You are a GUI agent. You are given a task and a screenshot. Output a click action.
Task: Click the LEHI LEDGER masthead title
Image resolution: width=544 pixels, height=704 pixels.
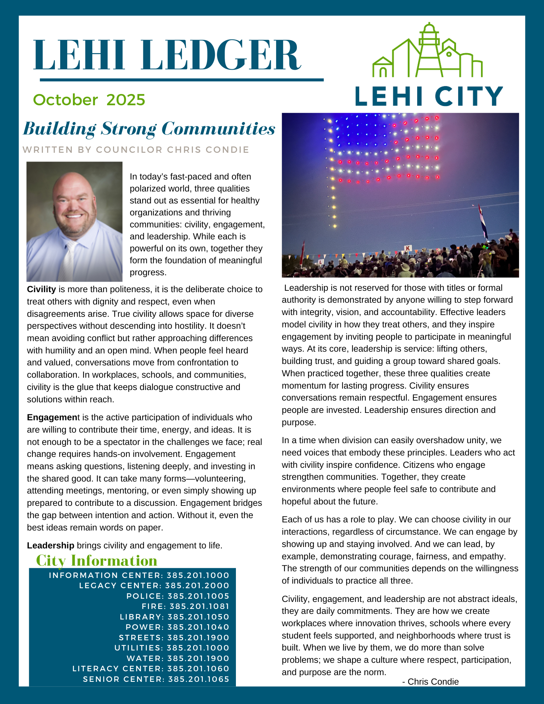pyautogui.click(x=167, y=55)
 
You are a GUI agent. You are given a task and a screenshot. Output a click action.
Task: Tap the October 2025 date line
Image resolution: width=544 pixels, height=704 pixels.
pyautogui.click(x=89, y=100)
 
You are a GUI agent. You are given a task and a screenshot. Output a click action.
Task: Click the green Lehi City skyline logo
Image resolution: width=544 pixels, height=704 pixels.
pyautogui.click(x=428, y=51)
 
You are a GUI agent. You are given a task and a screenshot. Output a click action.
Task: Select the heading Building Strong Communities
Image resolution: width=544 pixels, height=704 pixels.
pyautogui.click(x=149, y=129)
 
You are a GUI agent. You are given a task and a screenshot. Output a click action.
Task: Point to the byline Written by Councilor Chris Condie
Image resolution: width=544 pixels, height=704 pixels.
pyautogui.click(x=136, y=150)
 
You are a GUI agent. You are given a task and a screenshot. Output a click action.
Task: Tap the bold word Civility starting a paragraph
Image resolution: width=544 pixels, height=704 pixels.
pyautogui.click(x=42, y=289)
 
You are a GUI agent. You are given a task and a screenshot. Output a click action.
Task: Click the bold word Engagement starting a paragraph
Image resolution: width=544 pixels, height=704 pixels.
pyautogui.click(x=54, y=417)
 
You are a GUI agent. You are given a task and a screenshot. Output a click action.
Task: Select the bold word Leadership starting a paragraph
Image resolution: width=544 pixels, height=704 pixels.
pyautogui.click(x=51, y=546)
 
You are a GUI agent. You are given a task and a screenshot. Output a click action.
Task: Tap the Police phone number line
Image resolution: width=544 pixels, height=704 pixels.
pyautogui.click(x=178, y=596)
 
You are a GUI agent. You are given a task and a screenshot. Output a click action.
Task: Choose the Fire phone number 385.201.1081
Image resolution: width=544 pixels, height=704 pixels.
pyautogui.click(x=199, y=606)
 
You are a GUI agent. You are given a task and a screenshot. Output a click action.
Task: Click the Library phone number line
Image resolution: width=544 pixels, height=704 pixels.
pyautogui.click(x=174, y=617)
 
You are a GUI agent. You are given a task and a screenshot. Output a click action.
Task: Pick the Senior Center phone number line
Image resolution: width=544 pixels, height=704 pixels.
pyautogui.click(x=156, y=679)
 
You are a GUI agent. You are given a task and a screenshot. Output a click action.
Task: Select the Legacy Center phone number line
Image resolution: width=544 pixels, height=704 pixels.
pyautogui.click(x=154, y=586)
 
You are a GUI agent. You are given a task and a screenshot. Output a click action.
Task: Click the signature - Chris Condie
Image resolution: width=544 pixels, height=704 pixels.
pyautogui.click(x=430, y=682)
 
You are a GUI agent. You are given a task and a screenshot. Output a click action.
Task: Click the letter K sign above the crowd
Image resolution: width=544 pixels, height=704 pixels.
pyautogui.click(x=408, y=248)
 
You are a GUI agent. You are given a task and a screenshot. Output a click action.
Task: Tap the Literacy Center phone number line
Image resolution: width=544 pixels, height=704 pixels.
pyautogui.click(x=151, y=669)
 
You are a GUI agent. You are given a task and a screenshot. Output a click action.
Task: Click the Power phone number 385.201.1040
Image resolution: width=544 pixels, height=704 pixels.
pyautogui.click(x=198, y=627)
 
